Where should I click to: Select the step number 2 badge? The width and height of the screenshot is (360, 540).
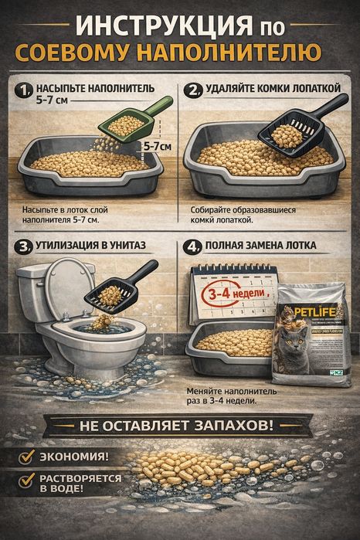pos(192,91)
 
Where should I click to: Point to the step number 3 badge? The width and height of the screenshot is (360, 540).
pos(22,248)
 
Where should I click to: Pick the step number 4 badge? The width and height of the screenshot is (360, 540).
pos(192,248)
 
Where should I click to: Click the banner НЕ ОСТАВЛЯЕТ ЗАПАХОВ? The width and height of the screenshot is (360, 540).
pos(179,426)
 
